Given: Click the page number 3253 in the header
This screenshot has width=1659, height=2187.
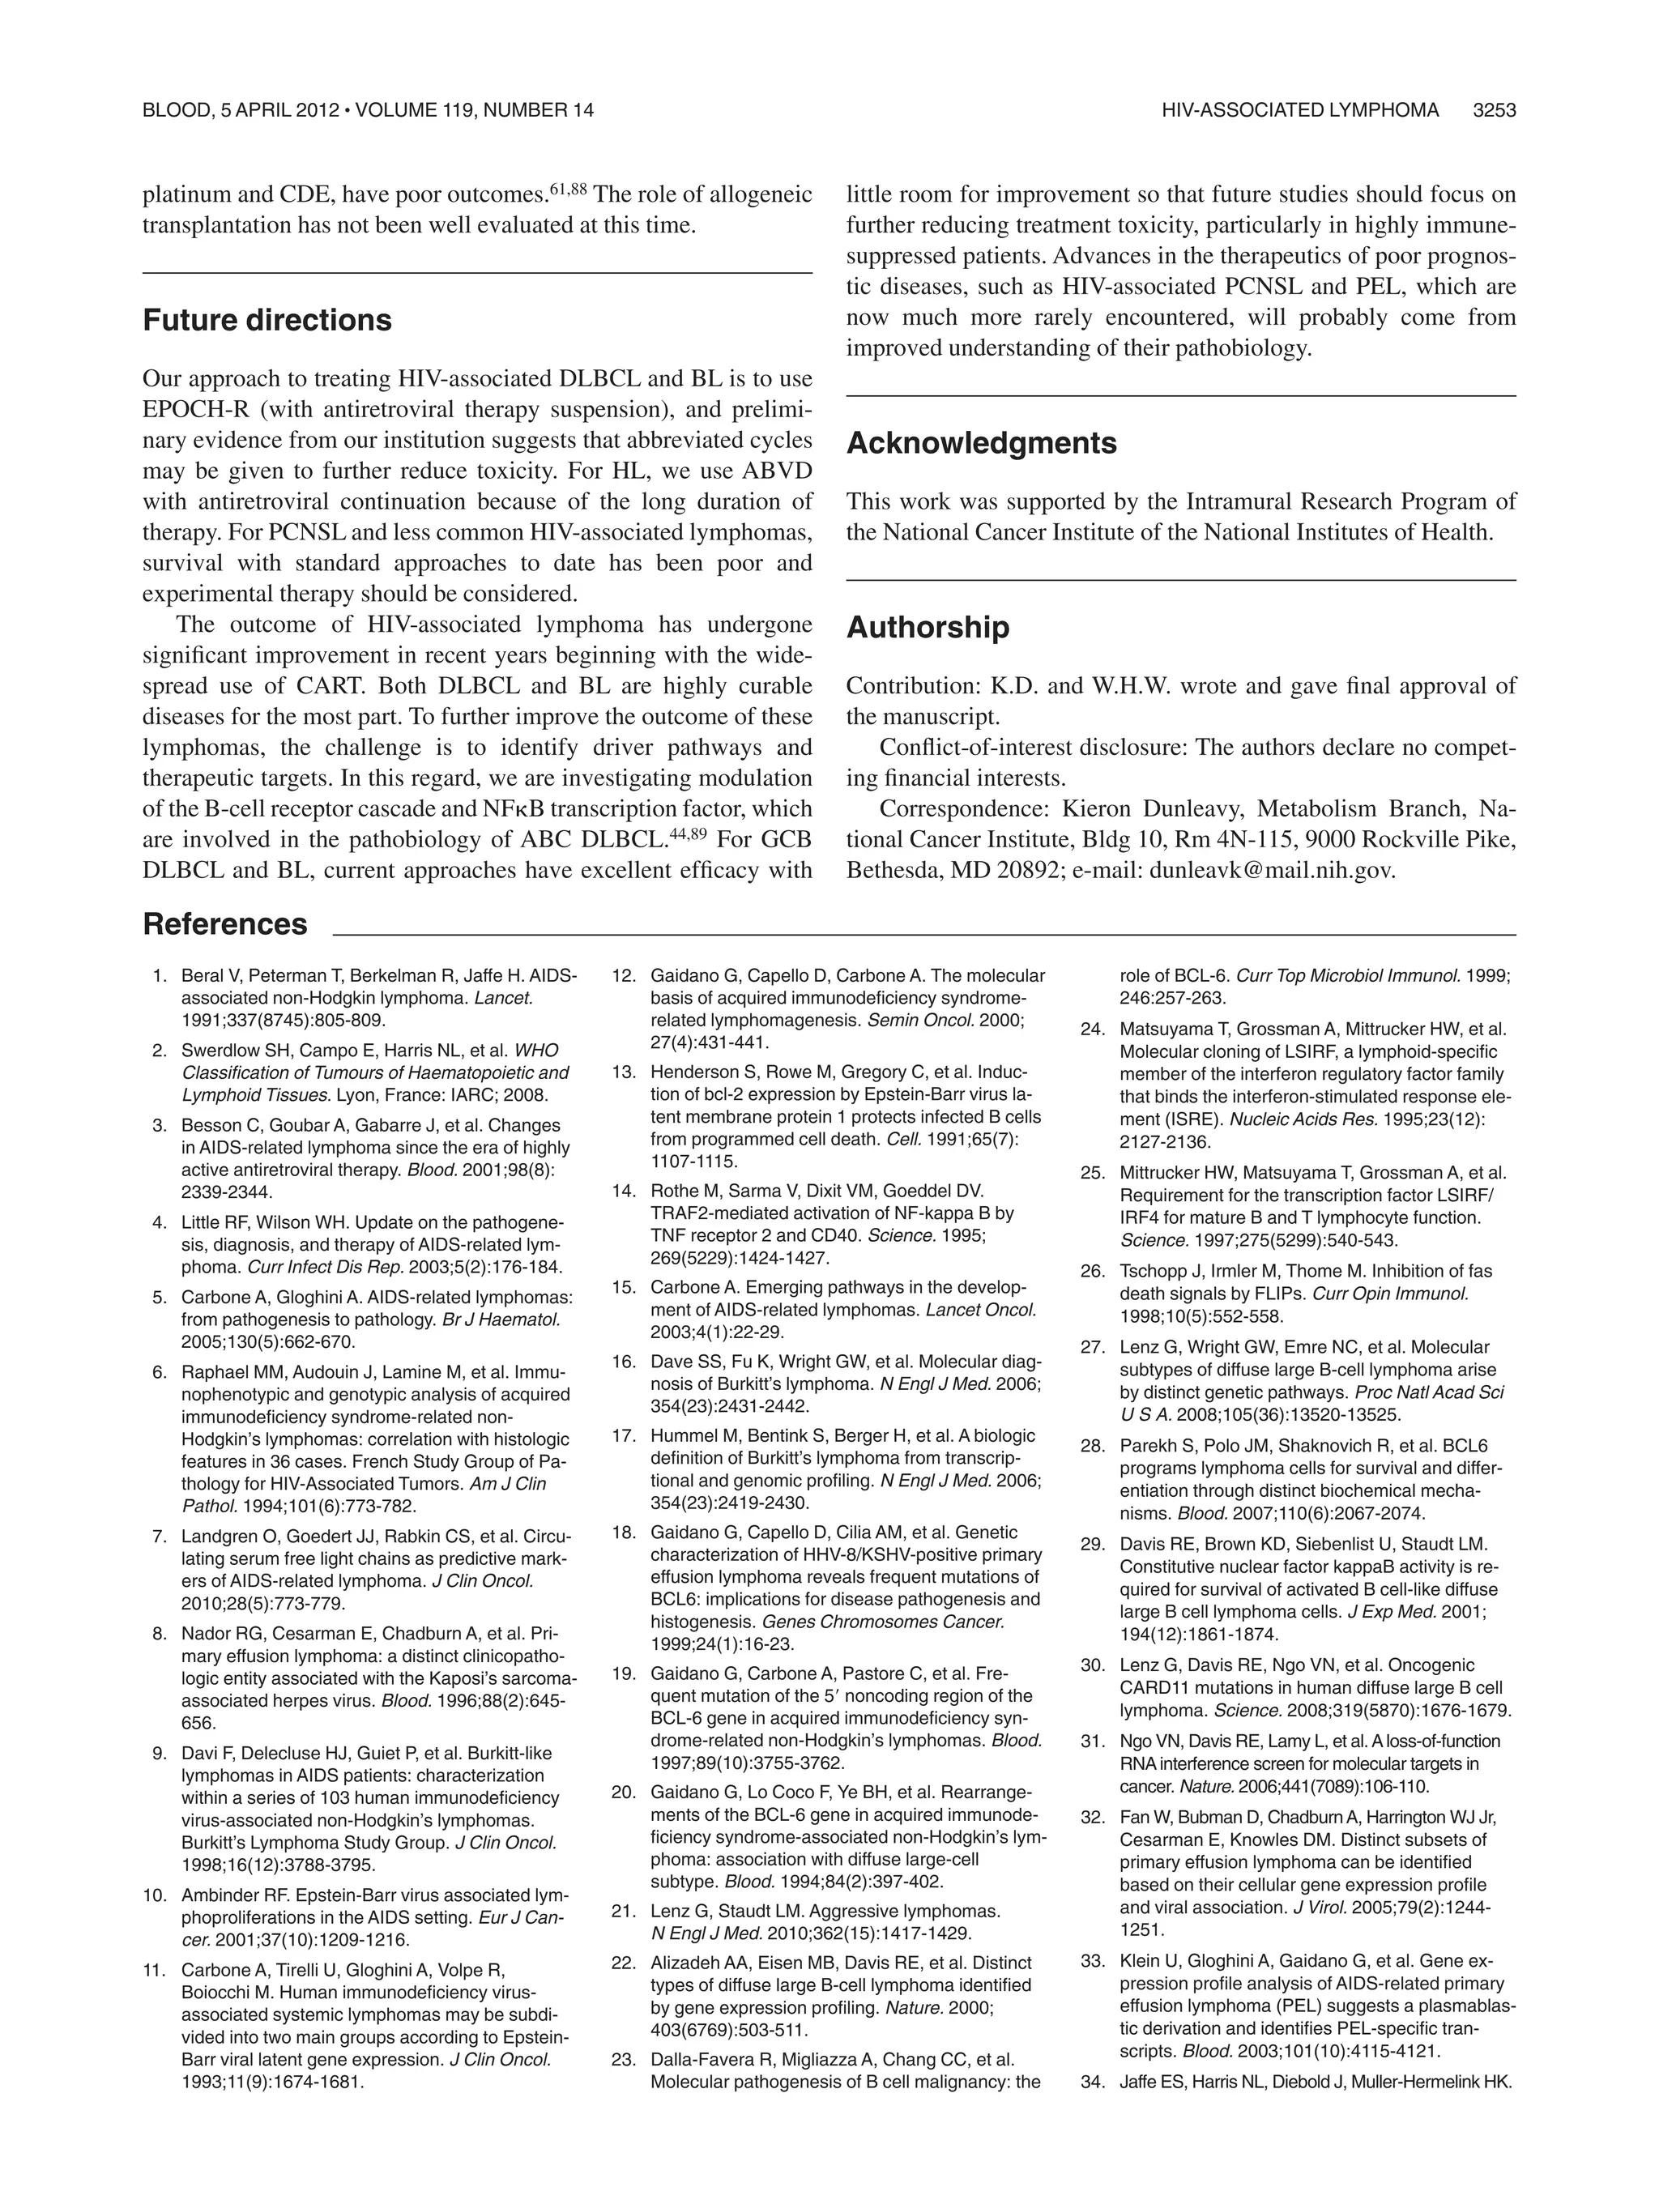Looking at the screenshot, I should coord(1494,111).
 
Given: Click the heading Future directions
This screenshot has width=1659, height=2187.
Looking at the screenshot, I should coord(267,320).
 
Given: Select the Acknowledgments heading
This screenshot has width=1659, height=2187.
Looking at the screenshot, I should coord(981,443).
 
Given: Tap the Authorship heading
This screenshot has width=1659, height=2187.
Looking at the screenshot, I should coord(928,628).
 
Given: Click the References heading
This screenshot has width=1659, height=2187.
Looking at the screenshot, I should coord(225,924).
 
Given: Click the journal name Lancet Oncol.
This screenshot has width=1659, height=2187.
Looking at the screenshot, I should coord(981,1310).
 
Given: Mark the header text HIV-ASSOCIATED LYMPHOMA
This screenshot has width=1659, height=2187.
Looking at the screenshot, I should coord(1300,111).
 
